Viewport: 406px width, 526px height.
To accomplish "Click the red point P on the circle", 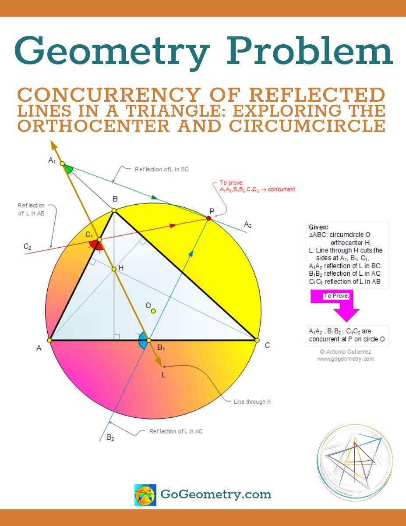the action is [209, 218].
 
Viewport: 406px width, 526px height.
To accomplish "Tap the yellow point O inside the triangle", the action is [153, 311].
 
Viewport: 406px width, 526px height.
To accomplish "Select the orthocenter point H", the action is [114, 269].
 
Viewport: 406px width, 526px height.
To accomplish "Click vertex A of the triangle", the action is [49, 340].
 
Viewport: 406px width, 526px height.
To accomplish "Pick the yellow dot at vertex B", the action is [114, 210].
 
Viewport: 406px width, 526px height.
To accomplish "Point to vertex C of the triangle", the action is [256, 340].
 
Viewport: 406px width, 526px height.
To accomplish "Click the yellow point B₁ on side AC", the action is [148, 340].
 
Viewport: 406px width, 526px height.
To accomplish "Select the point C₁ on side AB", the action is [99, 239].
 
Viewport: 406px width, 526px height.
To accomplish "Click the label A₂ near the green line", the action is [247, 225].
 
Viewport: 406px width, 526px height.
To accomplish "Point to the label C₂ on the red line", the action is [28, 247].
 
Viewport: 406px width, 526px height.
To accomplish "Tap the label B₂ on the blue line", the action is [110, 437].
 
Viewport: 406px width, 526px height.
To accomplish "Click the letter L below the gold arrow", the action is [164, 375].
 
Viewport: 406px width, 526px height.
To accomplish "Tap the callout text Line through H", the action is [252, 402].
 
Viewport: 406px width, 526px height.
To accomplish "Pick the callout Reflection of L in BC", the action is [162, 169].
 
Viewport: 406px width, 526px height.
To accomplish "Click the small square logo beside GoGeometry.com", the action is [145, 495].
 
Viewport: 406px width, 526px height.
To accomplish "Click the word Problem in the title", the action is [309, 52].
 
